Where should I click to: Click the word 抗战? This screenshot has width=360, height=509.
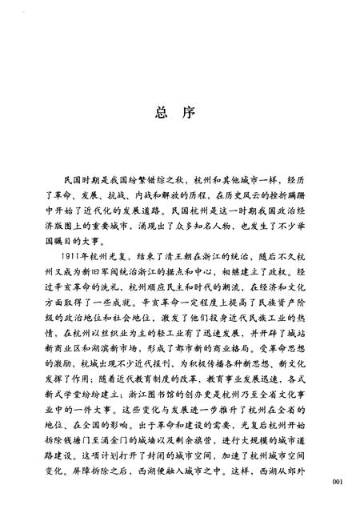click(129, 194)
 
